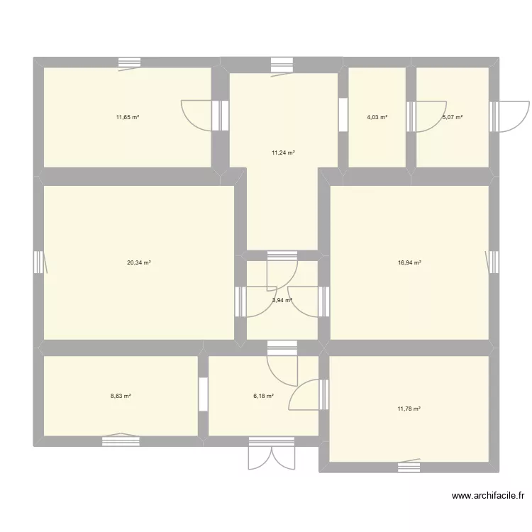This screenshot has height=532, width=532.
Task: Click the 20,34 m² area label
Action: point(138,262)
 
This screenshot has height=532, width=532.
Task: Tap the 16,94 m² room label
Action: point(409,262)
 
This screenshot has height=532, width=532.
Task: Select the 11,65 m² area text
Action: point(128,117)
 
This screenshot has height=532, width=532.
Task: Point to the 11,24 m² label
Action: point(283,153)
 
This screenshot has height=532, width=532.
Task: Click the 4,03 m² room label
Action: point(377,117)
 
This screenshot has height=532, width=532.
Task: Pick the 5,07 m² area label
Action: point(453,117)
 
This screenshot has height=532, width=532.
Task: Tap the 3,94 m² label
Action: point(282,300)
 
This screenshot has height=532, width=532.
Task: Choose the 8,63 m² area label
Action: point(121,397)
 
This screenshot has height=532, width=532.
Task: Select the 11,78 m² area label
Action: point(409,409)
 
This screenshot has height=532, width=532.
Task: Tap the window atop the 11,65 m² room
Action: point(129,62)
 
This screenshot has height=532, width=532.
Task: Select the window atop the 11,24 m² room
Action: point(282,62)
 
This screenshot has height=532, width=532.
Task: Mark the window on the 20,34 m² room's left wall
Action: point(38,262)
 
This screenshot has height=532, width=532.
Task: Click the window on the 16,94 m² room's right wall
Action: point(494,261)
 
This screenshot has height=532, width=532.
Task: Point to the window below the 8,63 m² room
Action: point(121,441)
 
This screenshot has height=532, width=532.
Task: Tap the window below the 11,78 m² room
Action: point(409,467)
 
